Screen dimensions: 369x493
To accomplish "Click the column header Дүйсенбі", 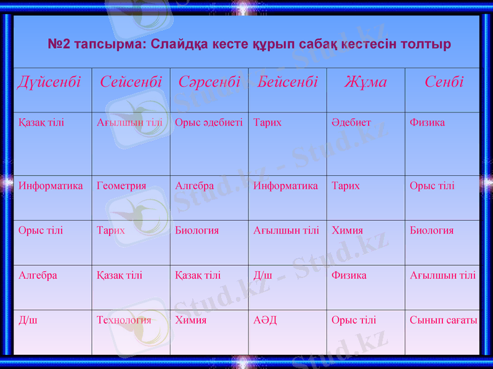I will (49, 82).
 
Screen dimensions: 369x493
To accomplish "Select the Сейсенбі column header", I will (131, 82).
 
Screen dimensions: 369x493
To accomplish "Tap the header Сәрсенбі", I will (209, 82).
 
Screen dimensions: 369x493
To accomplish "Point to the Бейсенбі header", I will (288, 82).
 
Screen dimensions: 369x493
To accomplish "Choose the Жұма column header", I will (365, 82).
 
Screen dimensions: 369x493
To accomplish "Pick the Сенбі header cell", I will (444, 82).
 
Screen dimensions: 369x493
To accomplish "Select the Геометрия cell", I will (121, 186).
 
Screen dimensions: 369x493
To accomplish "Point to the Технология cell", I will (124, 320).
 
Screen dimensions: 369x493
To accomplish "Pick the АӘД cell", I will (265, 320).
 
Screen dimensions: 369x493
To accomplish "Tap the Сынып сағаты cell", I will (443, 320).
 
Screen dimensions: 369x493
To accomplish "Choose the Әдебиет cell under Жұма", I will (351, 122).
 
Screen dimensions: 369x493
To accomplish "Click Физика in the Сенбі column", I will (427, 122).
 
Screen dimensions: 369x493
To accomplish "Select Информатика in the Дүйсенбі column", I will (51, 186).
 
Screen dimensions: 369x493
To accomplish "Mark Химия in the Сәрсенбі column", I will (190, 320).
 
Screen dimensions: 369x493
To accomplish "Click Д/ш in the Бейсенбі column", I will (263, 275).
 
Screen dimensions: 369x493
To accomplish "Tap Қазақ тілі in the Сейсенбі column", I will (120, 275).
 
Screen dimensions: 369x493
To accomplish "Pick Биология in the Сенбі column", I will (431, 230).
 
